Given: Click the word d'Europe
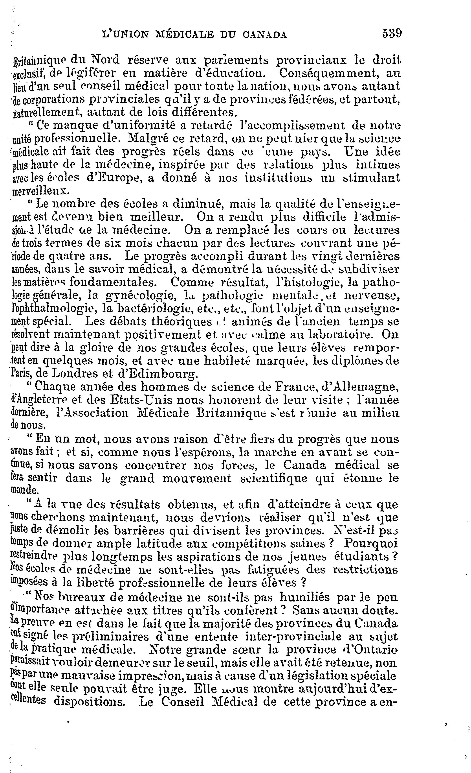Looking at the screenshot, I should pyautogui.click(x=112, y=178).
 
